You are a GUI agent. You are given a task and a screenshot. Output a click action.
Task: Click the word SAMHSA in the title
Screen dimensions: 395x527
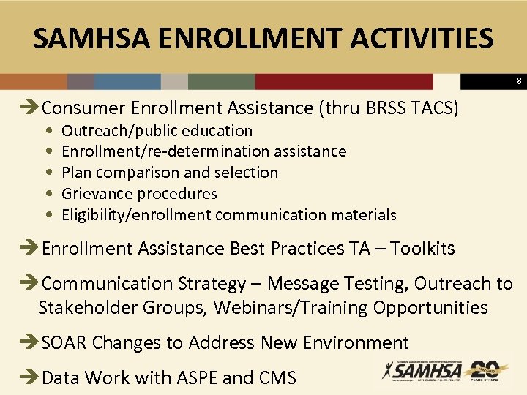86,38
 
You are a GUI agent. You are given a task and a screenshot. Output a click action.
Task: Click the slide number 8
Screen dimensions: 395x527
519,81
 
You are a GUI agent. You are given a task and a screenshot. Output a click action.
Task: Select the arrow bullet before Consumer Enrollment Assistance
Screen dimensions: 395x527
27,108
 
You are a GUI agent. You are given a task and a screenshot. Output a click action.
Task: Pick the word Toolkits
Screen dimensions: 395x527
422,249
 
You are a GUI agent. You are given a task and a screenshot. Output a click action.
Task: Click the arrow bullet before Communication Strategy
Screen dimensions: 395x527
27,284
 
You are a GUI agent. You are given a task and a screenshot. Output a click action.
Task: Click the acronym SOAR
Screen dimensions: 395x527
64,342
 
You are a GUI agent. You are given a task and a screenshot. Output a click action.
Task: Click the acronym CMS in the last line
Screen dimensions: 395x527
277,378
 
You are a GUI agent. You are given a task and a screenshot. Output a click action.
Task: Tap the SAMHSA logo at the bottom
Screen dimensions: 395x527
421,371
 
